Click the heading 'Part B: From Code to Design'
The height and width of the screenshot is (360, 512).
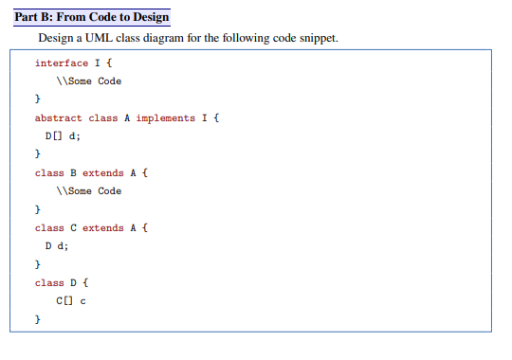pyautogui.click(x=92, y=17)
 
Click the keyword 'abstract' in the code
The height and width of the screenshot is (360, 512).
pyautogui.click(x=59, y=118)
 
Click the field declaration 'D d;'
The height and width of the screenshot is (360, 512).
pyautogui.click(x=58, y=246)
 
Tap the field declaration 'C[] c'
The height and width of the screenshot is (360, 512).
pyautogui.click(x=72, y=301)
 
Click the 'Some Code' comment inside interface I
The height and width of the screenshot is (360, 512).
pyautogui.click(x=89, y=81)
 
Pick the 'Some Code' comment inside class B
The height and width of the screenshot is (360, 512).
pyautogui.click(x=89, y=191)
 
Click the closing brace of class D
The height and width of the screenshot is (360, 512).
pyautogui.click(x=38, y=320)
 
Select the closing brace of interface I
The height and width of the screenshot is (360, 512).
pyautogui.click(x=38, y=99)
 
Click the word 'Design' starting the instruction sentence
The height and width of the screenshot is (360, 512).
pyautogui.click(x=54, y=39)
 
